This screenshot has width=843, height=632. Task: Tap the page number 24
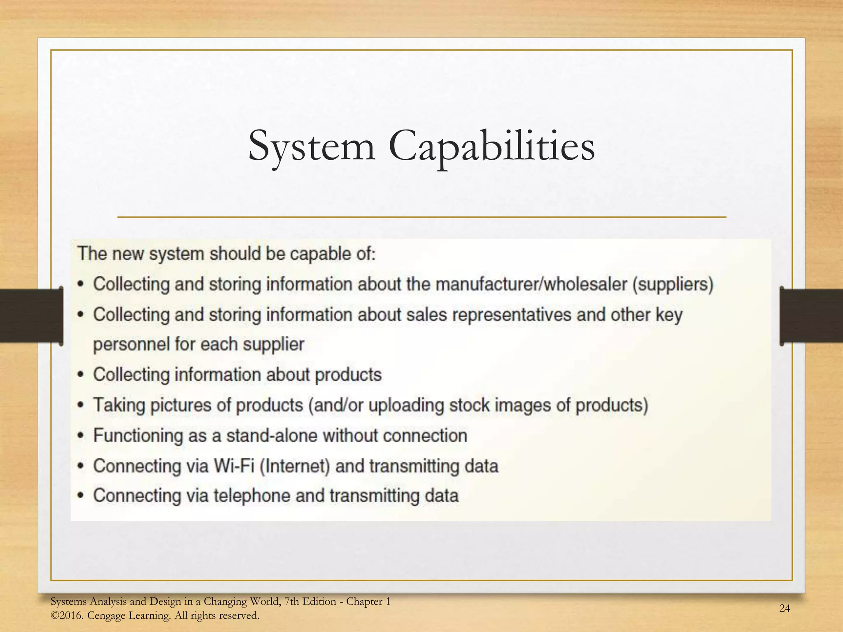pos(785,608)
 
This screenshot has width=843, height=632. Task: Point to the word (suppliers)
pos(673,284)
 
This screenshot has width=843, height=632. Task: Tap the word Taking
pos(119,405)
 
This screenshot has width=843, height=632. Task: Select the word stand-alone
pos(272,435)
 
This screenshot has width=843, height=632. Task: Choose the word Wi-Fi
pos(234,466)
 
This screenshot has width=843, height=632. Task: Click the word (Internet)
pos(295,466)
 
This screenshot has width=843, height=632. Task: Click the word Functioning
pos(137,436)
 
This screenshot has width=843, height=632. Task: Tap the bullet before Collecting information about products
pos(81,375)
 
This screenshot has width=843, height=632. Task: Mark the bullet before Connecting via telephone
pos(81,495)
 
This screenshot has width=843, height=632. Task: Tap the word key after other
pos(669,315)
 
